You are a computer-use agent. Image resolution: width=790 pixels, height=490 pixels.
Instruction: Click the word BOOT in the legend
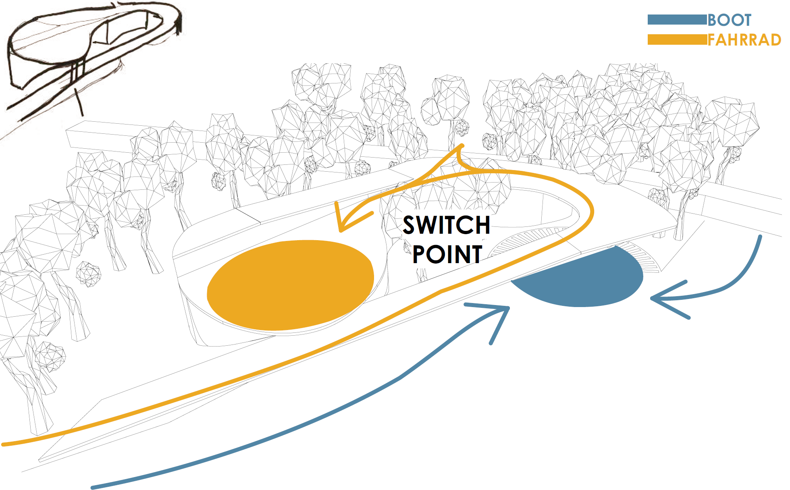pyautogui.click(x=730, y=20)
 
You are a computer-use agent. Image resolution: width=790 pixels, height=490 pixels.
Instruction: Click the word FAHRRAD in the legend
pyautogui.click(x=744, y=40)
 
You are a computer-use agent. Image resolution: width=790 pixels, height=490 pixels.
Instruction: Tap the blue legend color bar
pyautogui.click(x=677, y=20)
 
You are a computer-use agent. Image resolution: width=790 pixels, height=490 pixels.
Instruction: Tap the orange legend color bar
pyautogui.click(x=677, y=40)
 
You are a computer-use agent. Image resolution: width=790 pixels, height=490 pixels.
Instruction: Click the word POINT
pyautogui.click(x=447, y=254)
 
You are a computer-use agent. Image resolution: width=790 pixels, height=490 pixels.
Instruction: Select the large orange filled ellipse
pyautogui.click(x=290, y=285)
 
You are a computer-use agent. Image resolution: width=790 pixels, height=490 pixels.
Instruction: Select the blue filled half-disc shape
pyautogui.click(x=584, y=280)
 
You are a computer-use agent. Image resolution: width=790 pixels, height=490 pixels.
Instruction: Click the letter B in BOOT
pyautogui.click(x=713, y=20)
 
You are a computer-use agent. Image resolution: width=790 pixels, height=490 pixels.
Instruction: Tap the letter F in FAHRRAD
pyautogui.click(x=712, y=40)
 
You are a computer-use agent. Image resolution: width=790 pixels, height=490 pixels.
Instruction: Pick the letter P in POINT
pyautogui.click(x=419, y=254)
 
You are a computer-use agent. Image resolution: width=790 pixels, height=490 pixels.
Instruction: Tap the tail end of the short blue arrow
pyautogui.click(x=760, y=237)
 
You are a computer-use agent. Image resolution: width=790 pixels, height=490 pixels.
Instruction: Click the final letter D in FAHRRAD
pyautogui.click(x=775, y=40)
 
